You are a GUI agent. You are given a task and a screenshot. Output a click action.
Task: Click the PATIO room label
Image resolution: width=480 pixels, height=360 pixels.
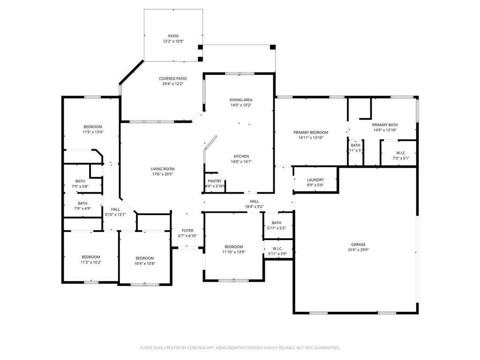click(x=173, y=36)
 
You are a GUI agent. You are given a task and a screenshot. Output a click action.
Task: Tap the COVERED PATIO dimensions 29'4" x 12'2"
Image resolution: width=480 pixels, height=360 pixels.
click(x=173, y=84)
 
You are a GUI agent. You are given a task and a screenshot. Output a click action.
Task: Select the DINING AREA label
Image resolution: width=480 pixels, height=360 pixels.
click(x=241, y=100)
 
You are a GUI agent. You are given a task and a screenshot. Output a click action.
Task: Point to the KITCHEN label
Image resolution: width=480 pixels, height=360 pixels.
click(x=241, y=157)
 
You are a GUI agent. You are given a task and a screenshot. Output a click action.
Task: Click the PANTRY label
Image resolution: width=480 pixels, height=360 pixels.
click(x=214, y=181)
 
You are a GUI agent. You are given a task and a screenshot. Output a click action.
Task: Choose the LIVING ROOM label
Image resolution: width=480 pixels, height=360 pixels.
click(x=163, y=169)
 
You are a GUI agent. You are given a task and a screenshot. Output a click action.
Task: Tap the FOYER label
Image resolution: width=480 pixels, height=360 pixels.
click(x=187, y=231)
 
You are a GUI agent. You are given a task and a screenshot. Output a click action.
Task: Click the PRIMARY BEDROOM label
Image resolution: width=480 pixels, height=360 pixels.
click(x=311, y=133)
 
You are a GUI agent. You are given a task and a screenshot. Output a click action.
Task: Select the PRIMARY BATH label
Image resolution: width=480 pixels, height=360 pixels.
click(x=385, y=125)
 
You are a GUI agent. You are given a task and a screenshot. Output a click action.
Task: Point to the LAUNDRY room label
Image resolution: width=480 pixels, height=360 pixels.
click(x=315, y=180)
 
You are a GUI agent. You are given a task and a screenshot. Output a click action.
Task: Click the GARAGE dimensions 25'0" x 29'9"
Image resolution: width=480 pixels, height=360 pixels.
click(x=358, y=250)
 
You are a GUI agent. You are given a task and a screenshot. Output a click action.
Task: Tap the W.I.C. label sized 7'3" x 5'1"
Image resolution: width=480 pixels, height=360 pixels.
click(x=401, y=153)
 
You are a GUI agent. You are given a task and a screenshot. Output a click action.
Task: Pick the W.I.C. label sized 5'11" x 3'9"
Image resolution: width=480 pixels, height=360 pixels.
click(x=277, y=248)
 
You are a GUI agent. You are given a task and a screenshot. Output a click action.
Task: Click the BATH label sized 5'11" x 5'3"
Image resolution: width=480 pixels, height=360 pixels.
click(x=277, y=223)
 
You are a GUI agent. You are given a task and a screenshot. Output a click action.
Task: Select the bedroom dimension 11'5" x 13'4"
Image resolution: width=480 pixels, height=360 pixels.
click(x=93, y=132)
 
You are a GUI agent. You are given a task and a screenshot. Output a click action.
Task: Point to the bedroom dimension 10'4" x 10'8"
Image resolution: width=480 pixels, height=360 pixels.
click(x=145, y=263)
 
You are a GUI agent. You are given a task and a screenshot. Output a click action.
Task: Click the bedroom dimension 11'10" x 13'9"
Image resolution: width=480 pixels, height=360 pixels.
click(x=234, y=252)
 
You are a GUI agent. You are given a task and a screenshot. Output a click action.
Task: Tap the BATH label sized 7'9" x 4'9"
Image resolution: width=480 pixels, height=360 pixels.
click(x=82, y=203)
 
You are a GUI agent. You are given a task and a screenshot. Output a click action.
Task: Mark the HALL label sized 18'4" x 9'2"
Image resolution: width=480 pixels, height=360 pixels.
click(x=254, y=202)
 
